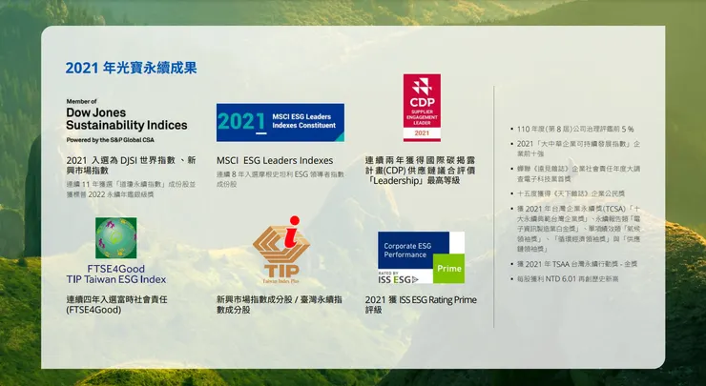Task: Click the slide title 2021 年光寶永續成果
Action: (131, 68)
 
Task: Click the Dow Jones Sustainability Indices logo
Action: (126, 119)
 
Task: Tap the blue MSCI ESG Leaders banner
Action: (280, 122)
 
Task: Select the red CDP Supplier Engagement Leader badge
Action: (421, 107)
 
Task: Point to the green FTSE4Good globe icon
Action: (115, 237)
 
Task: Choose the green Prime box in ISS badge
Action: (449, 269)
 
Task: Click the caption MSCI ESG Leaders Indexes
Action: (275, 160)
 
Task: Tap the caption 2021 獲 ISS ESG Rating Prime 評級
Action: (421, 304)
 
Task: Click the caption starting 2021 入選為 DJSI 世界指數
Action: (131, 164)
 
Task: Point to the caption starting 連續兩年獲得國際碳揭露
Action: (426, 170)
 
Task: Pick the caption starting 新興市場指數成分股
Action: (279, 304)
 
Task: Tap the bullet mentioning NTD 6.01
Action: (569, 279)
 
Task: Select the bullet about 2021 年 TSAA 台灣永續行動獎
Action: (574, 264)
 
